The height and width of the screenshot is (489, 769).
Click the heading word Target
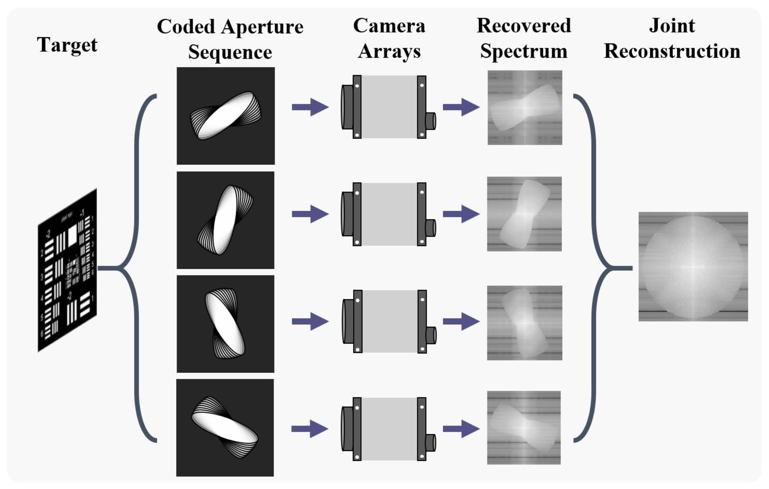coord(67,45)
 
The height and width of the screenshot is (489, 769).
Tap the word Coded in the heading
coord(186,27)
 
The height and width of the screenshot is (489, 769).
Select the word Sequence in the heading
coord(230,52)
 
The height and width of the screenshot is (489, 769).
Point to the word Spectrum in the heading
coord(524,51)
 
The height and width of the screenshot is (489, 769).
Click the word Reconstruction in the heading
coord(672,51)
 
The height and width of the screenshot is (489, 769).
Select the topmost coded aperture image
coord(226,116)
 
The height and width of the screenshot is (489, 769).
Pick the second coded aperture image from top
coord(225,220)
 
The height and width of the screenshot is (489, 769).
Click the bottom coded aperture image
coord(225,428)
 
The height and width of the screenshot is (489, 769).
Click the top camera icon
coord(388,107)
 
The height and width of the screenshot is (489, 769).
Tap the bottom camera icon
coord(388,429)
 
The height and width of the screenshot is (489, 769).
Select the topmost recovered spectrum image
coord(525,108)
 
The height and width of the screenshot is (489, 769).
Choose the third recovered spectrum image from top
coord(524,323)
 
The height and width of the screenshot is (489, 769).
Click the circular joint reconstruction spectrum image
coord(693,266)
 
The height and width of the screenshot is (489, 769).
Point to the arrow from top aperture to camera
coord(310,107)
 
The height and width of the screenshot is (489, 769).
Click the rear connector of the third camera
coord(431,335)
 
